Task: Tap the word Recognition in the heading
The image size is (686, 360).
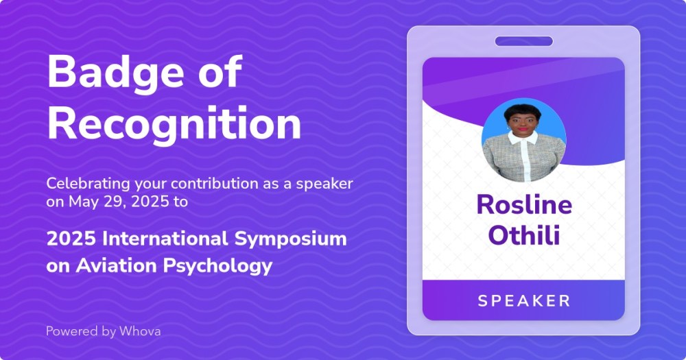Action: coord(174,124)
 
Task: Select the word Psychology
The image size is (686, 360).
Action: coord(218,266)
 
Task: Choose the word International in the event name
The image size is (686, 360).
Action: coord(165,239)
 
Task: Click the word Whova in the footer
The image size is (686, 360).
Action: coord(140,331)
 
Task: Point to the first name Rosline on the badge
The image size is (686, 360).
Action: coord(524,204)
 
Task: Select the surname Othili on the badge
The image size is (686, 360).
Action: coord(524,235)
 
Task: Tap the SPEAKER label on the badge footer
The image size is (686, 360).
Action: coord(524,301)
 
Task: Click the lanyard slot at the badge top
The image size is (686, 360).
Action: coord(524,42)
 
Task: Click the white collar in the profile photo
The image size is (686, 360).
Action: coord(523,139)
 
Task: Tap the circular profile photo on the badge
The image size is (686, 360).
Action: coord(523,140)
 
